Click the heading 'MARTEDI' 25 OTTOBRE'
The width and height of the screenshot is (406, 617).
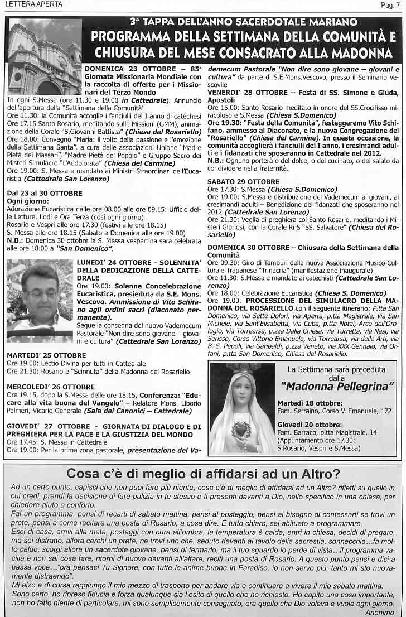tap(46, 355)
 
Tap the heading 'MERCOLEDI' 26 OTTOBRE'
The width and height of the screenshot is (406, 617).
tap(51, 387)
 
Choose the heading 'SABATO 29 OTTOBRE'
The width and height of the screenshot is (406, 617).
tap(243, 181)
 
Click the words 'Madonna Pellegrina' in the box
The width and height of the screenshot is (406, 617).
tap(337, 386)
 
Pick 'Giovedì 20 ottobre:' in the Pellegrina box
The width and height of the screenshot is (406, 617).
tap(310, 425)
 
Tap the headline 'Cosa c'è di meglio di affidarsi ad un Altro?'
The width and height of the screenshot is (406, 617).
tap(203, 474)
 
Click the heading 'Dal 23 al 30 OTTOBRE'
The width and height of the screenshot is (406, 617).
tap(45, 193)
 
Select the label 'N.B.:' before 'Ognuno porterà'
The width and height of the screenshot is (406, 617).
tap(216, 160)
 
